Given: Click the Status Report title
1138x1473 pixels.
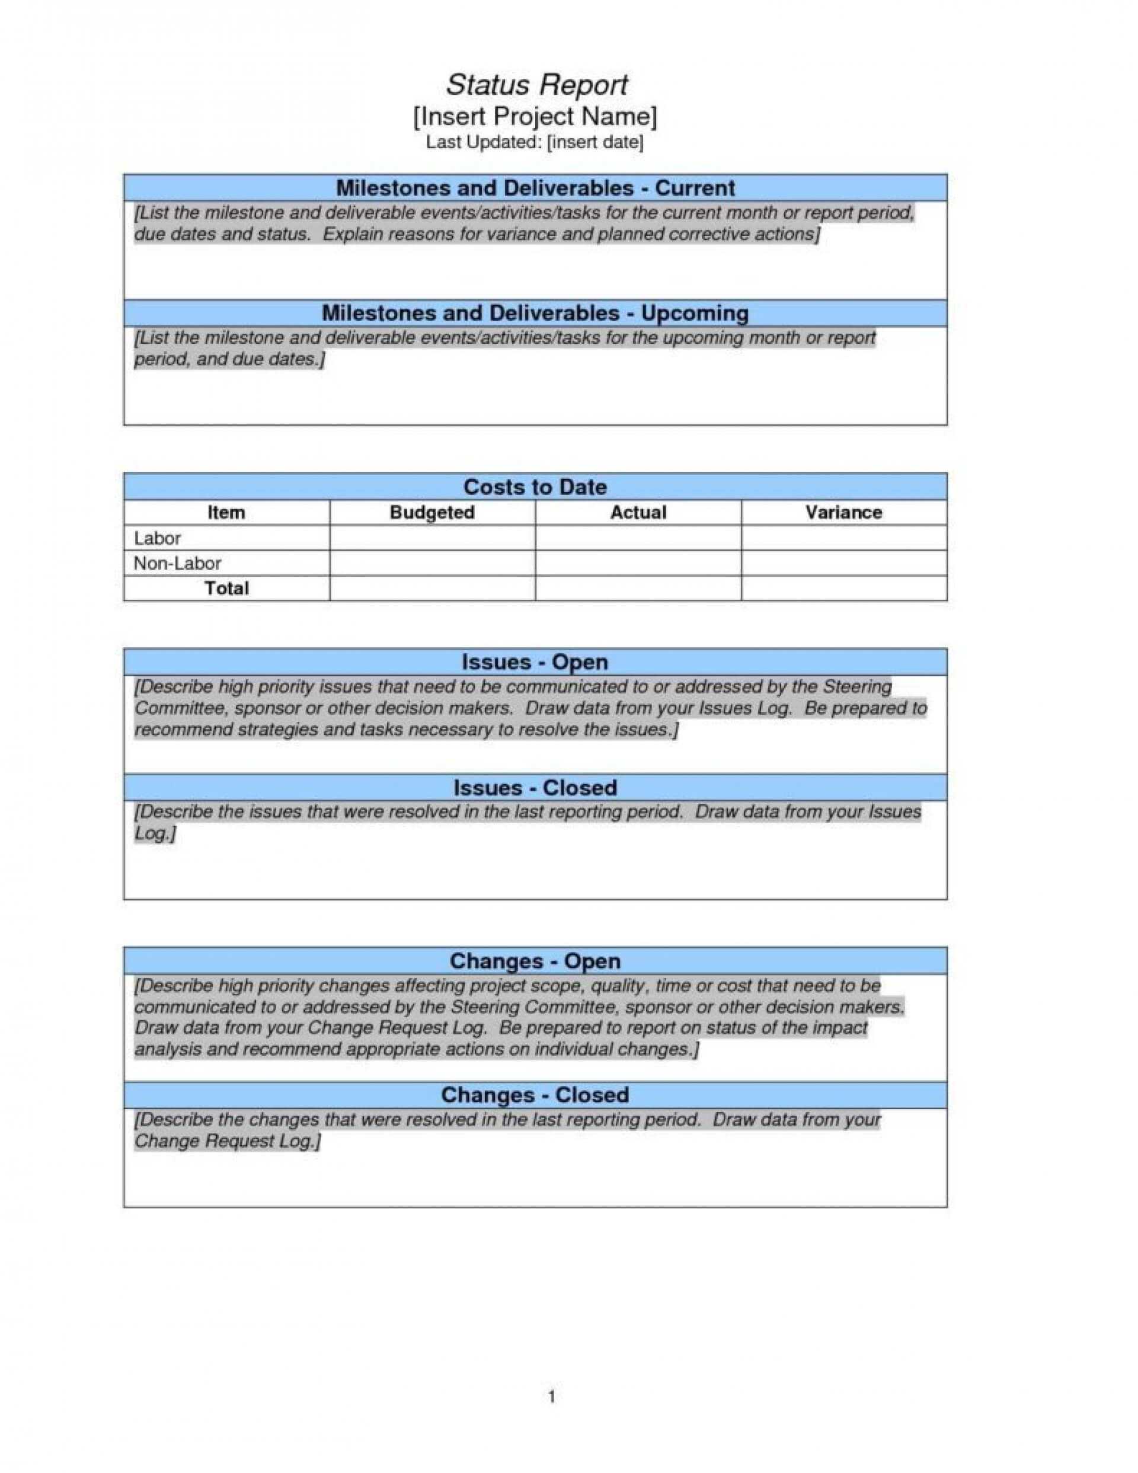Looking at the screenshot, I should pyautogui.click(x=536, y=85).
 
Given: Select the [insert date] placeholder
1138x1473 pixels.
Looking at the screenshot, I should pyautogui.click(x=594, y=142).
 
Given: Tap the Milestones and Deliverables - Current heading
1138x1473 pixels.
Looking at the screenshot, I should pyautogui.click(x=535, y=187).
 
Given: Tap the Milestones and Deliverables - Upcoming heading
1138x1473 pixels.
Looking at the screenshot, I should pyautogui.click(x=535, y=313).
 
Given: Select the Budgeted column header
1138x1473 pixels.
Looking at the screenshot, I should pyautogui.click(x=431, y=513).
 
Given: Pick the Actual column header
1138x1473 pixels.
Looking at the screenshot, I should pyautogui.click(x=638, y=513).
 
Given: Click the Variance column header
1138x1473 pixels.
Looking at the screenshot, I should pyautogui.click(x=843, y=513).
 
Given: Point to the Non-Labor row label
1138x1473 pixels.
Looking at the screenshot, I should pyautogui.click(x=177, y=563).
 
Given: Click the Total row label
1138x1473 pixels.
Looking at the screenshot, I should pyautogui.click(x=226, y=588).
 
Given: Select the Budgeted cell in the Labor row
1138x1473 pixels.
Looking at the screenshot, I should pyautogui.click(x=431, y=538).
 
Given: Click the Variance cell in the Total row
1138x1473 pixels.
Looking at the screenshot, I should pyautogui.click(x=843, y=588).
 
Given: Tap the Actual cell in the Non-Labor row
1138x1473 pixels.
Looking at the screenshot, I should pyautogui.click(x=638, y=563).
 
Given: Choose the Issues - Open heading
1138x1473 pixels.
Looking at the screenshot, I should pyautogui.click(x=535, y=662).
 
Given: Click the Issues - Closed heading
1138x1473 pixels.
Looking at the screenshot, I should pyautogui.click(x=535, y=788).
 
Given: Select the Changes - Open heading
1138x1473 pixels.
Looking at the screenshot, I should pyautogui.click(x=535, y=961).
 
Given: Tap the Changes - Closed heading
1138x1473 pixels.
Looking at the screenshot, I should pyautogui.click(x=535, y=1095).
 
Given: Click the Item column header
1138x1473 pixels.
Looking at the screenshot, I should pyautogui.click(x=226, y=513).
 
